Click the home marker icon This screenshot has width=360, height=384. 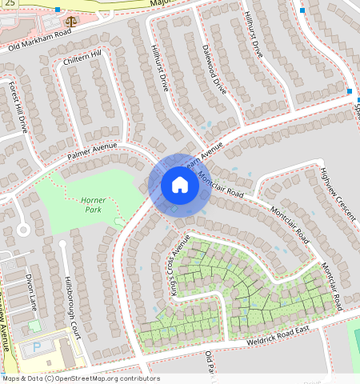click(180, 186)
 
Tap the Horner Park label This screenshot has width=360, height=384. click(99, 204)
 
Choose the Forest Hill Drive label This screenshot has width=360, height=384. click(18, 106)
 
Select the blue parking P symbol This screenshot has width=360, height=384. click(37, 348)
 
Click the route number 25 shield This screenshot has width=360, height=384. click(10, 5)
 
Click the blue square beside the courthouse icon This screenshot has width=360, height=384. click(58, 10)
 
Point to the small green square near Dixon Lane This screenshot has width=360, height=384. click(34, 326)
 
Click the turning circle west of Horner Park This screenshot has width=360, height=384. click(22, 230)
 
